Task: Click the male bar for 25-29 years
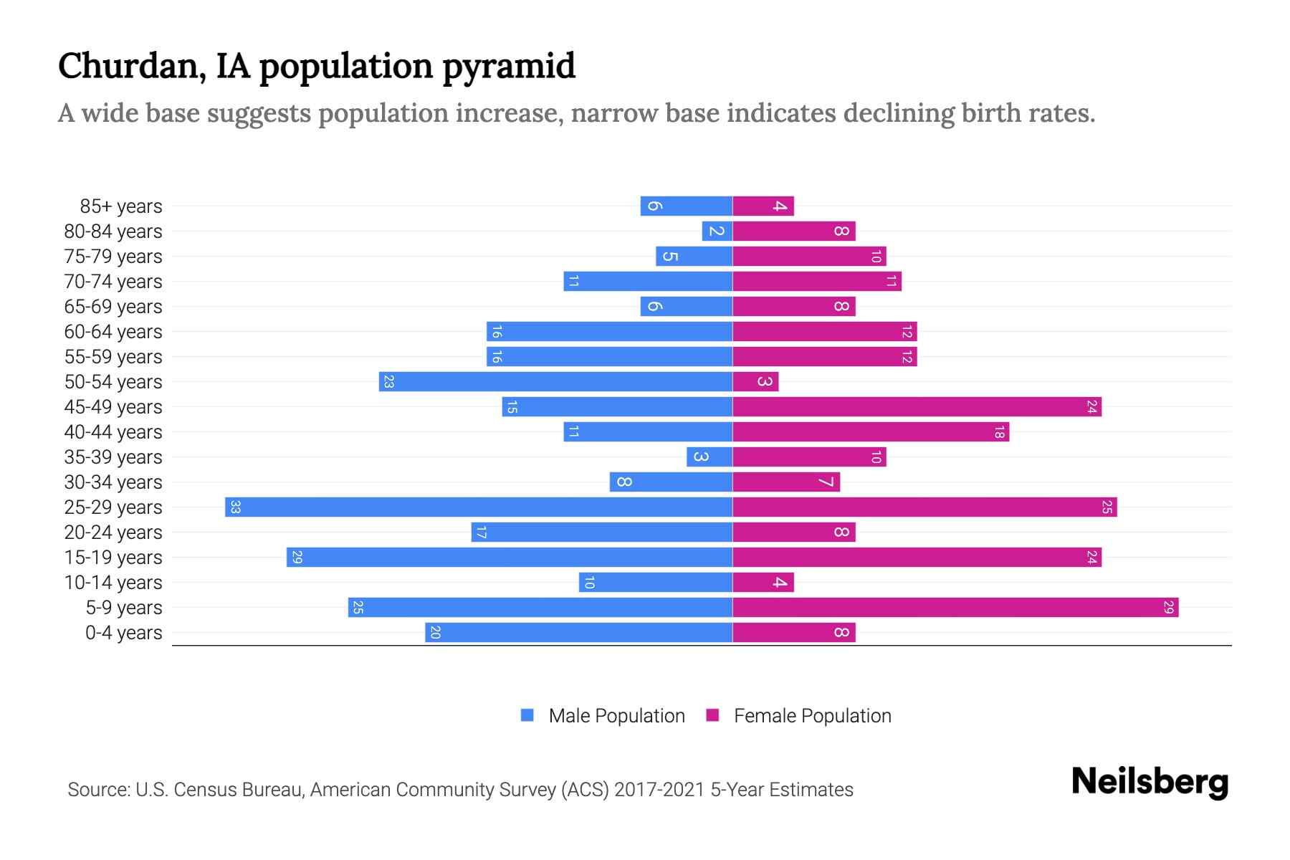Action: (479, 507)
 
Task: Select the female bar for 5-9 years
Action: (955, 608)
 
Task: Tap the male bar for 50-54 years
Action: (555, 382)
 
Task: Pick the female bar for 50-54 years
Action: (755, 382)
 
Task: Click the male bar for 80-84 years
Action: (717, 231)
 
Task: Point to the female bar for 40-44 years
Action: (871, 432)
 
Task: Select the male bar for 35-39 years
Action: (709, 457)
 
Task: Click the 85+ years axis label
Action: (121, 206)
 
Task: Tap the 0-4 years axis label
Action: (124, 633)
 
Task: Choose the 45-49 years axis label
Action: (113, 407)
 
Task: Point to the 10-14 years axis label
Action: (113, 583)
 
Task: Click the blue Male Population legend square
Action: (527, 715)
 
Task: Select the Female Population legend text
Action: (812, 716)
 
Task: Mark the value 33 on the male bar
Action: (235, 507)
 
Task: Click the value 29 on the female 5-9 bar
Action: (1168, 608)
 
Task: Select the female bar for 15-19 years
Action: (917, 558)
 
